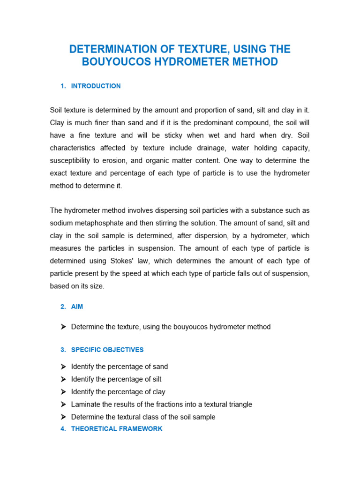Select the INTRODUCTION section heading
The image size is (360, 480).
click(x=96, y=86)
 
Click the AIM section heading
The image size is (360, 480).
click(x=77, y=307)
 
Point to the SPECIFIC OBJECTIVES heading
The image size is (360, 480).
click(x=107, y=350)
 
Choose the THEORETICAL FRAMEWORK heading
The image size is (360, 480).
click(x=117, y=429)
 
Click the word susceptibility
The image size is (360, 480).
click(x=71, y=160)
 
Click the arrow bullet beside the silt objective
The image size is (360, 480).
click(x=63, y=379)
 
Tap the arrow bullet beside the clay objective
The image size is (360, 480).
click(x=63, y=391)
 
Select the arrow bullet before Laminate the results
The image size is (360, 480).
click(x=63, y=404)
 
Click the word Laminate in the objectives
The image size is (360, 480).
click(x=85, y=404)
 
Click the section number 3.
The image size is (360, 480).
click(x=63, y=350)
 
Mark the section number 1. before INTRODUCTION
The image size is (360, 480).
click(x=63, y=86)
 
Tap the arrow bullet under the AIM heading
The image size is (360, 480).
click(x=63, y=327)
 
